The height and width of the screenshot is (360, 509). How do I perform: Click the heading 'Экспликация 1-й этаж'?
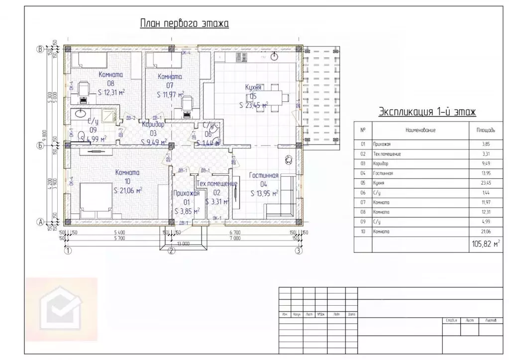point(427,111)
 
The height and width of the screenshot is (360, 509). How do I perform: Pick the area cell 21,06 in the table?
point(486,232)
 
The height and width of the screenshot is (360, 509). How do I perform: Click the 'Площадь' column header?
point(486,130)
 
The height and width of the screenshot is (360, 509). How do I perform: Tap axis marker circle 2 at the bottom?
point(171,250)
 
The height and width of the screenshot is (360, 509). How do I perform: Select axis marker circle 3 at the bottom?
point(298,250)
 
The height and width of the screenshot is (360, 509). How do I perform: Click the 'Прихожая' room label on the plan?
point(187,194)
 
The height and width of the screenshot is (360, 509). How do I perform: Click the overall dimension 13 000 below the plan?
point(182,243)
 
